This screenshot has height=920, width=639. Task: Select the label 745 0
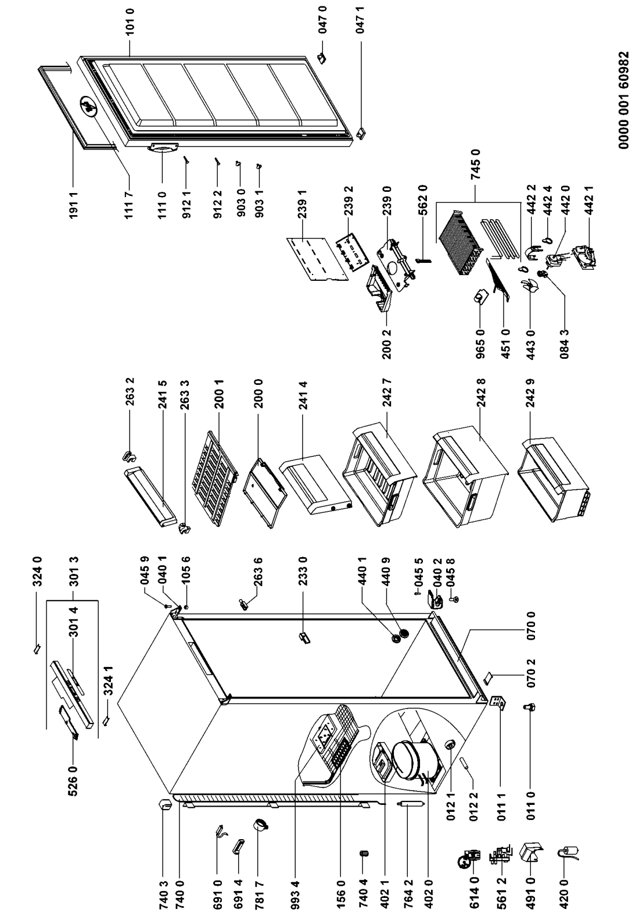pos(477,166)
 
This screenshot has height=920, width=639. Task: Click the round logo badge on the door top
pos(88,106)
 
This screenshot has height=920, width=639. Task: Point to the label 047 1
pos(360,133)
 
